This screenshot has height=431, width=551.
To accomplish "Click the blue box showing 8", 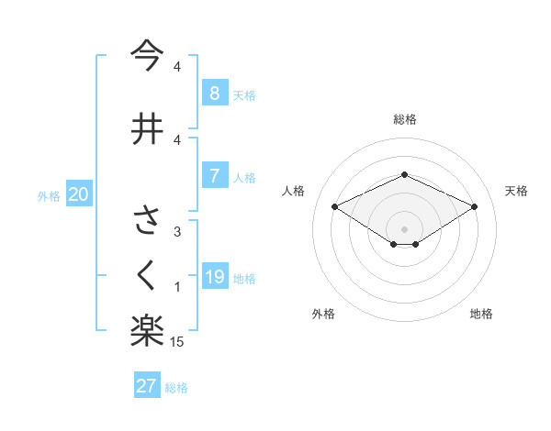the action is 214,93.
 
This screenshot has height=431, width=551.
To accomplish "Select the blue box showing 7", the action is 214,176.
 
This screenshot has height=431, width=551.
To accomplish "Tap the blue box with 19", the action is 214,277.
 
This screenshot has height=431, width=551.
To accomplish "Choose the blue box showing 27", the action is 147,386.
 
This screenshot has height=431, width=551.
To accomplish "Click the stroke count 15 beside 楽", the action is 178,342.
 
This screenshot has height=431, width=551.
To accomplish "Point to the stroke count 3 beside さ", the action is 176,232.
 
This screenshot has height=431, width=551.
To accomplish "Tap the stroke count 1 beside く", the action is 177,288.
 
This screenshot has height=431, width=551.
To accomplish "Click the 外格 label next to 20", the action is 49,195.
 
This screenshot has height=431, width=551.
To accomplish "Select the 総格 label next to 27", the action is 176,388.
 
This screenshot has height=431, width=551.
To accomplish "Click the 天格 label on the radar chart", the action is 516,191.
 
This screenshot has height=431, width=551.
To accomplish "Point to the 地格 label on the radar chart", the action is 481,315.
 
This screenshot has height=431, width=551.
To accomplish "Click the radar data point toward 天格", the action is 475,206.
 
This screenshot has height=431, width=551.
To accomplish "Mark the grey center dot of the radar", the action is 404,228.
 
